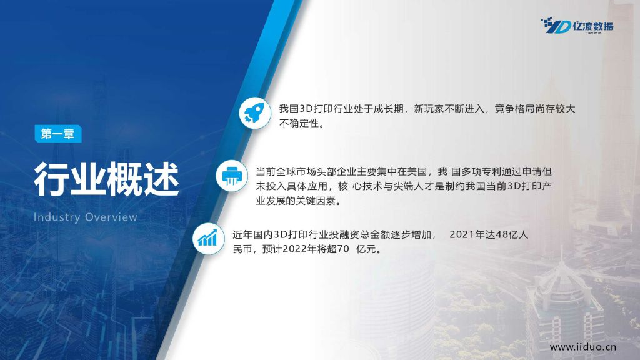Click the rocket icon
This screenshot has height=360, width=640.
click(255, 113)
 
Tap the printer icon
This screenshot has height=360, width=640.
click(232, 176)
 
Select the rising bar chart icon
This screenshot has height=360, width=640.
click(208, 239)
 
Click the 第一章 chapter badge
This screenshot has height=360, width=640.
click(58, 134)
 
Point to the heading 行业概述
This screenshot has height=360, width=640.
click(106, 179)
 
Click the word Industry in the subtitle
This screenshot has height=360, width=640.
click(57, 217)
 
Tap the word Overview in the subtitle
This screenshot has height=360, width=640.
click(111, 217)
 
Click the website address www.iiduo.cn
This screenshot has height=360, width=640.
click(583, 347)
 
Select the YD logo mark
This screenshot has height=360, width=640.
click(556, 25)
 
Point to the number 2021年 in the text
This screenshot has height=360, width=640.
click(467, 235)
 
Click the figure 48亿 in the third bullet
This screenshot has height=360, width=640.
click(501, 235)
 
